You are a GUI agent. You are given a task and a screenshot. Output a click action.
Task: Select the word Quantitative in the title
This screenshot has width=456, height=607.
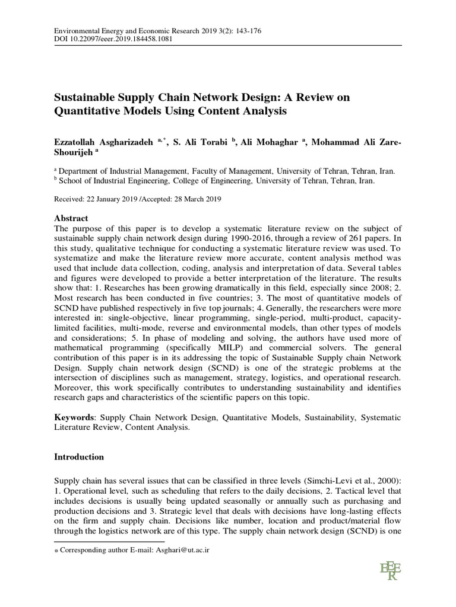coord(88,110)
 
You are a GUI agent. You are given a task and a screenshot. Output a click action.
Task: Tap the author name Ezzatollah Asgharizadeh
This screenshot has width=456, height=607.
coord(104,142)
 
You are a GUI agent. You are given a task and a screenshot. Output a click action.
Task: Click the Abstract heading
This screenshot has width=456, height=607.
coord(71,218)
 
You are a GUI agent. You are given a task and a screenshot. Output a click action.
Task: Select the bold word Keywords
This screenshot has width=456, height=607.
coord(73,417)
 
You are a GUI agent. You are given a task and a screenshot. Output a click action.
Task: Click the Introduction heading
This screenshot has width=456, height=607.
coord(79,457)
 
